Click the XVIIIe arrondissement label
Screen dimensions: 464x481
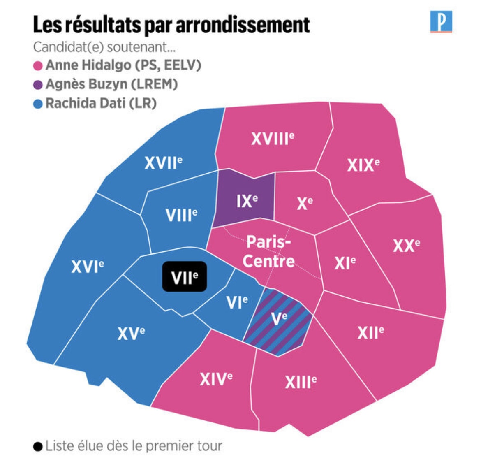(273, 139)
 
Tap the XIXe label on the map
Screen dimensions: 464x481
(363, 165)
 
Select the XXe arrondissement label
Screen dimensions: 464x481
(406, 246)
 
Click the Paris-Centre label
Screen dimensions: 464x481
(268, 251)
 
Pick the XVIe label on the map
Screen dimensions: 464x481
(87, 267)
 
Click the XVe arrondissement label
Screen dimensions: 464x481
(131, 333)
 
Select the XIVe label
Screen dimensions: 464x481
(216, 378)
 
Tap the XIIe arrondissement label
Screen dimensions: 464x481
(370, 332)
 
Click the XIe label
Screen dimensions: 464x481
(345, 262)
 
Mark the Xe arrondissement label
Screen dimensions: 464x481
(305, 203)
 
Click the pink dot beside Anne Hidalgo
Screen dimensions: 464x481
(38, 66)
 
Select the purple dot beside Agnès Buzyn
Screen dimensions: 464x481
(38, 85)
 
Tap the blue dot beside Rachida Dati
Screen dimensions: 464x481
(38, 104)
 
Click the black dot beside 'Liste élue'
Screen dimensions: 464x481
(38, 446)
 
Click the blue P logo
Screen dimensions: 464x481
(441, 22)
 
